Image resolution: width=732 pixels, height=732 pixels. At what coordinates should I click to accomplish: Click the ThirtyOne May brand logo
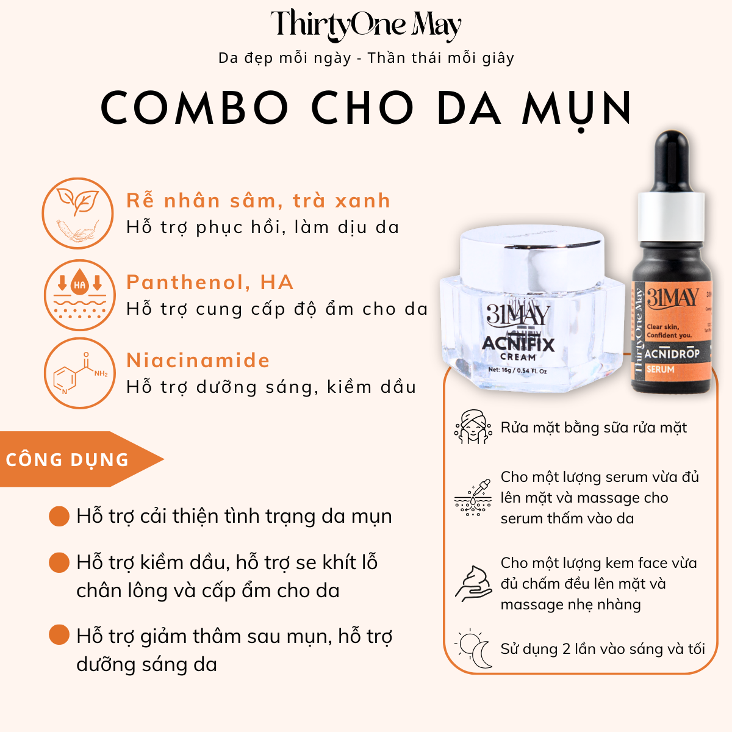click(366, 26)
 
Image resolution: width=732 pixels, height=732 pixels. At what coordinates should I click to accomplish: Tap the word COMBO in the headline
click(194, 109)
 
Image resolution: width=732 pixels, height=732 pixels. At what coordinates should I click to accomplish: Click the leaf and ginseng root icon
click(77, 213)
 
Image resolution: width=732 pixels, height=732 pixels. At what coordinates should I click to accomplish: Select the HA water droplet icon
click(79, 295)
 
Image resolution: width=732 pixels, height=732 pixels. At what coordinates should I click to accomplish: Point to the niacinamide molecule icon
click(79, 373)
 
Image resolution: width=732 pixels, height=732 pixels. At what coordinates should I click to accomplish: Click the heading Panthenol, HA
click(210, 282)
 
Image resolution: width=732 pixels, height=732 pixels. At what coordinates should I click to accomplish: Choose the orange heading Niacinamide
click(198, 361)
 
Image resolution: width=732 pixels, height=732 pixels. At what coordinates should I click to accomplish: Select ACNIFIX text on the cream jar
click(518, 344)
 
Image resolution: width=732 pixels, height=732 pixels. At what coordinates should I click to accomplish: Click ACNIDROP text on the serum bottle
click(672, 354)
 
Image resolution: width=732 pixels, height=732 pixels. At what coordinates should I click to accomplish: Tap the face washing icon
click(473, 427)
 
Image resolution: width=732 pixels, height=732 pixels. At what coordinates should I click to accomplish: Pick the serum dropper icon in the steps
click(473, 498)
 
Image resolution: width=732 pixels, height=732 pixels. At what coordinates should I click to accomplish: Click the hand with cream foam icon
click(473, 584)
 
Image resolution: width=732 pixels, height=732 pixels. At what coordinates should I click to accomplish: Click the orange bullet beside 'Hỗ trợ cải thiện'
click(59, 516)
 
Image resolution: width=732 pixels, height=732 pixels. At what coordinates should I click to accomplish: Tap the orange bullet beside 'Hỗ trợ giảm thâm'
click(59, 635)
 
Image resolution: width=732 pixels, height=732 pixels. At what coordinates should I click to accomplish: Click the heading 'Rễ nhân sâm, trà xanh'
click(258, 201)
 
